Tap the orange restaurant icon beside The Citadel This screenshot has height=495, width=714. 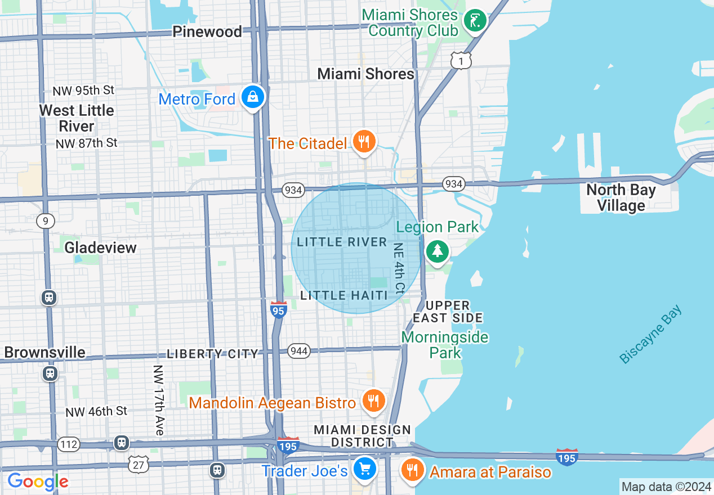(x=364, y=142)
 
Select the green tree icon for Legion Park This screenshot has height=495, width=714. (x=437, y=251)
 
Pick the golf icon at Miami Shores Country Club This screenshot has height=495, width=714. (x=475, y=21)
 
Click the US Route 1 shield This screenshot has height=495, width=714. (x=461, y=60)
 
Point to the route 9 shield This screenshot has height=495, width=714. (x=45, y=220)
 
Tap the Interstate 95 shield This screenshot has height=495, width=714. (x=279, y=309)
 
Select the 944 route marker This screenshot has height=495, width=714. (x=299, y=352)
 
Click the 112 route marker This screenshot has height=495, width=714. (x=69, y=444)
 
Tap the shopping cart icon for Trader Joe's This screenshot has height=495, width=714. (x=365, y=467)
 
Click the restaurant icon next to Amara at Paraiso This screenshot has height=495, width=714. (x=413, y=470)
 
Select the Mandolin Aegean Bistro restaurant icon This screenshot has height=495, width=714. (x=373, y=401)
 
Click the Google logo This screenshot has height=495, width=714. (x=38, y=481)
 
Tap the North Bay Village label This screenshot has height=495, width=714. (x=621, y=197)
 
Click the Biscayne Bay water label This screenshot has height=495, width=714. (x=650, y=334)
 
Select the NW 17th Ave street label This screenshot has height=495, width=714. (x=159, y=400)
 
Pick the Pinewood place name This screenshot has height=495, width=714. (x=207, y=31)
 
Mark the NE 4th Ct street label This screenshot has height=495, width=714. (x=399, y=269)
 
